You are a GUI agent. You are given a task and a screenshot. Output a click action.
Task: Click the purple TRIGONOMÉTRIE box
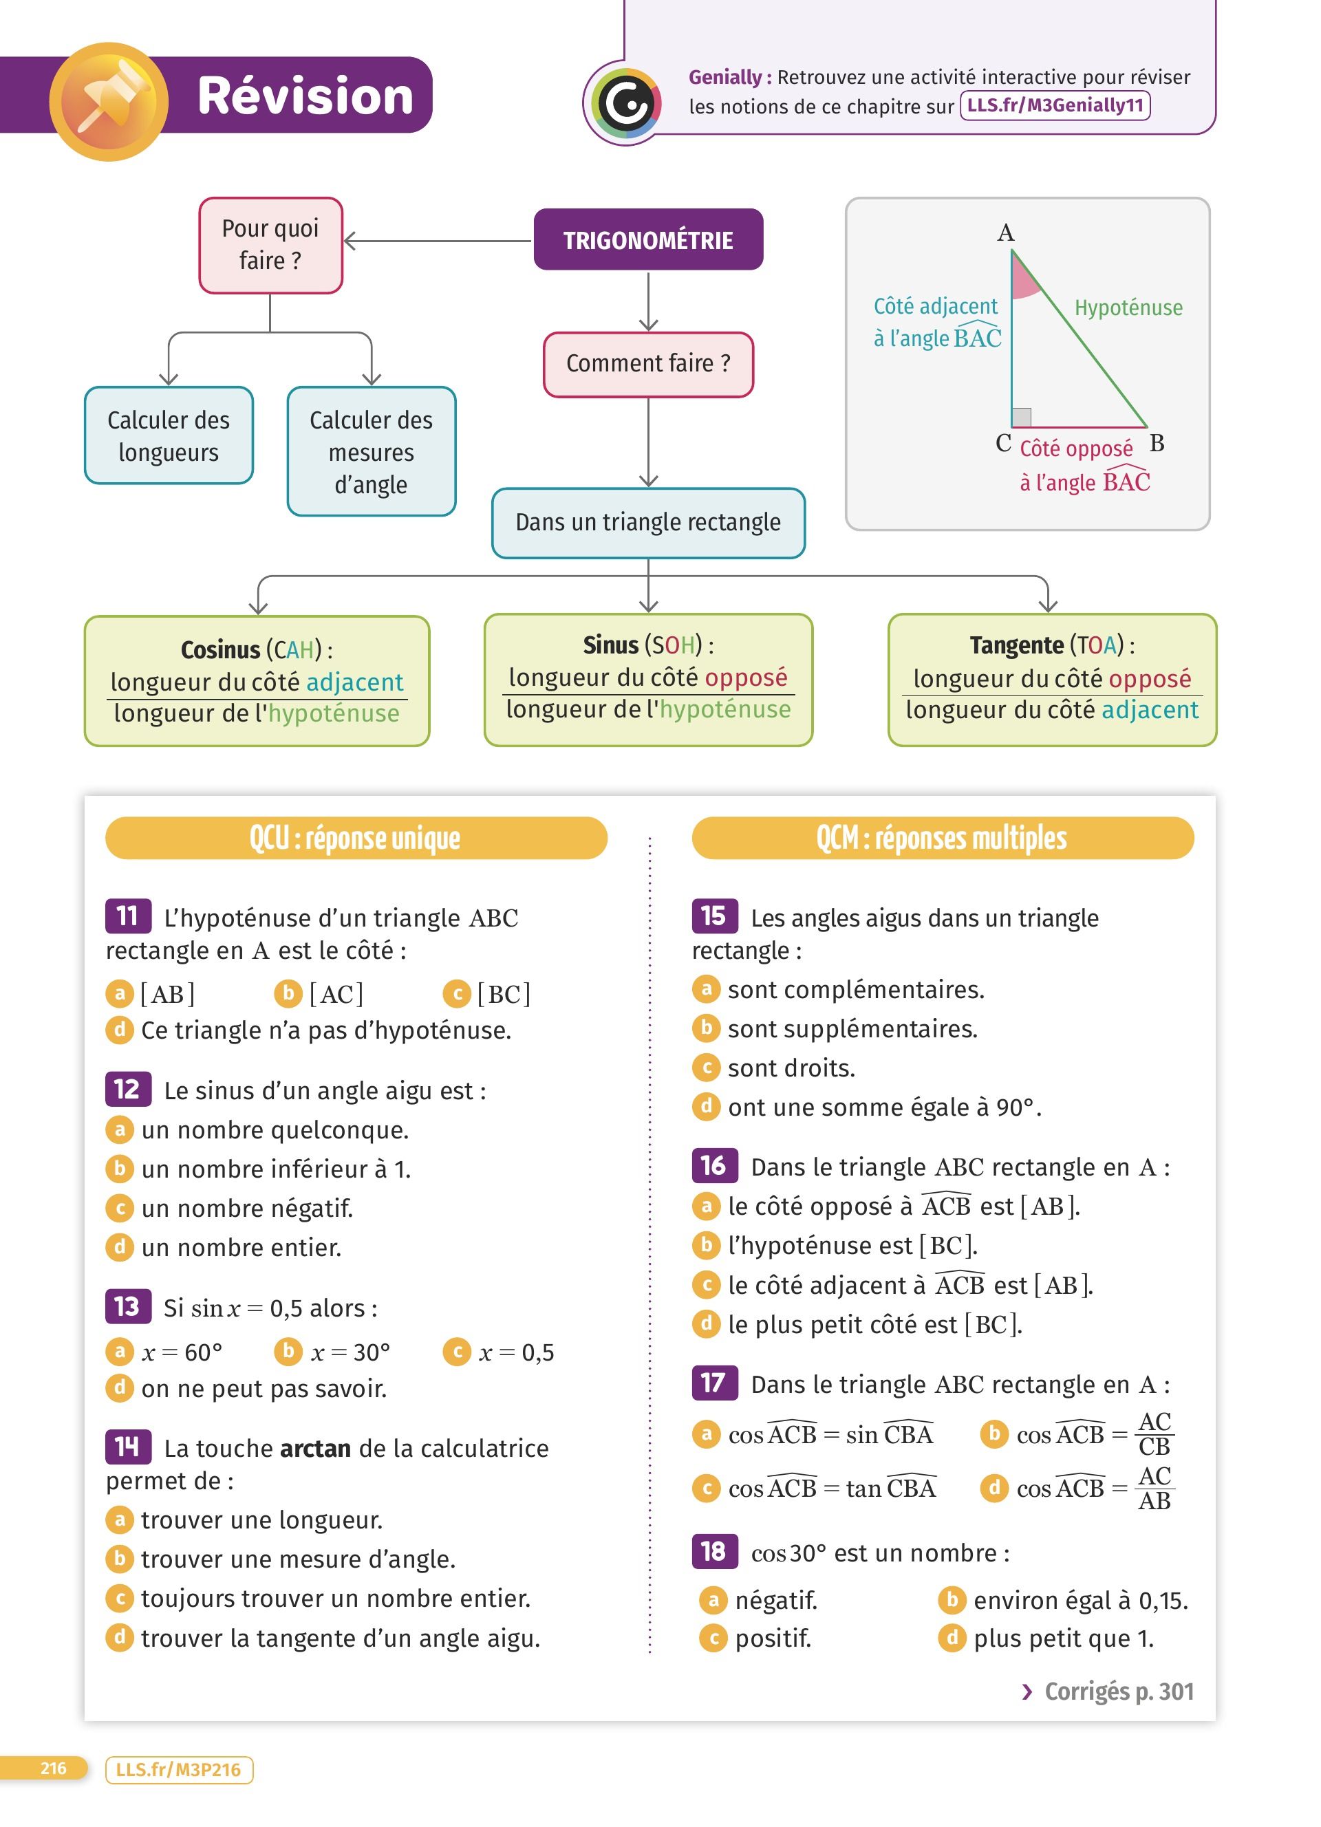(647, 240)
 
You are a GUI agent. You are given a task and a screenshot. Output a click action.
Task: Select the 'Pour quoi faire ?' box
(270, 245)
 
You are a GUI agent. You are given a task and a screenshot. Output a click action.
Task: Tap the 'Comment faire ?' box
(647, 364)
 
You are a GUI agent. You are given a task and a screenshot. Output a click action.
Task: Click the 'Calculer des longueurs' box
(169, 436)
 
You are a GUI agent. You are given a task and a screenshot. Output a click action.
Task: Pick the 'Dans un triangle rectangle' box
(647, 523)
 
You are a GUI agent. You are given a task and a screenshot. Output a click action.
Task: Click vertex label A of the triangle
(1005, 233)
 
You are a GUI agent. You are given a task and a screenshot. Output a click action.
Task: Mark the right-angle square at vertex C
(1021, 418)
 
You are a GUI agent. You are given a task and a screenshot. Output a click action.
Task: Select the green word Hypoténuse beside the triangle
(1128, 307)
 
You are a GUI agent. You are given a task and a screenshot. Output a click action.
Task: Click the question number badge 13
(127, 1306)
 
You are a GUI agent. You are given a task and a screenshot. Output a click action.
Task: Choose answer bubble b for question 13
(288, 1351)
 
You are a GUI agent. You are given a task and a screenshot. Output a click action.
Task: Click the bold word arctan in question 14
(315, 1449)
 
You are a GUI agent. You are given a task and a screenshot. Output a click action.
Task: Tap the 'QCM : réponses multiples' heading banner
(942, 838)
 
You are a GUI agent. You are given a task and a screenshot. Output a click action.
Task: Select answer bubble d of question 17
(994, 1487)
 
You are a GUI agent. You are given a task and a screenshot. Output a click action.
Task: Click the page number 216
(53, 1769)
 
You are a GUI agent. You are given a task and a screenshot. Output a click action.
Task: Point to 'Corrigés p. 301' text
(1118, 1691)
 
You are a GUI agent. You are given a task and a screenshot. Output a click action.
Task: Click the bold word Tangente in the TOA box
(1016, 645)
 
